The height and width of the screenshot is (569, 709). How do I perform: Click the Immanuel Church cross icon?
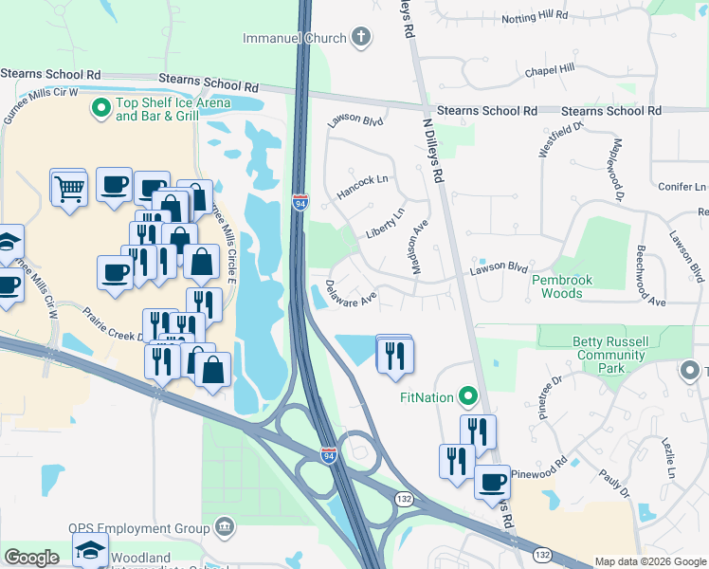pos(360,38)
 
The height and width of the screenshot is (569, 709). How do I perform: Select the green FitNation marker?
pos(466,395)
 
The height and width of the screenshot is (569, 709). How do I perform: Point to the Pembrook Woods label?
pos(569,287)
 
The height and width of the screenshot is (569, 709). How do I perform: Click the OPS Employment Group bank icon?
pos(225,526)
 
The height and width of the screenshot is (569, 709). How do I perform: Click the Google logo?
pos(31,558)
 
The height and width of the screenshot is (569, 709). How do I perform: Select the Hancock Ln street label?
pos(362,187)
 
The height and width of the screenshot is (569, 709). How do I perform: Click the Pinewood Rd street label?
pos(537,471)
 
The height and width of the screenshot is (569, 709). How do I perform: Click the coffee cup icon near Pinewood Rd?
pos(491,481)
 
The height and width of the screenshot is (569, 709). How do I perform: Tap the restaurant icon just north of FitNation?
pos(394,354)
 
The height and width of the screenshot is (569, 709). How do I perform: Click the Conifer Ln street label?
pos(680,187)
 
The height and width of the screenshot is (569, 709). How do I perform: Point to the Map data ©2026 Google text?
pos(649,561)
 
